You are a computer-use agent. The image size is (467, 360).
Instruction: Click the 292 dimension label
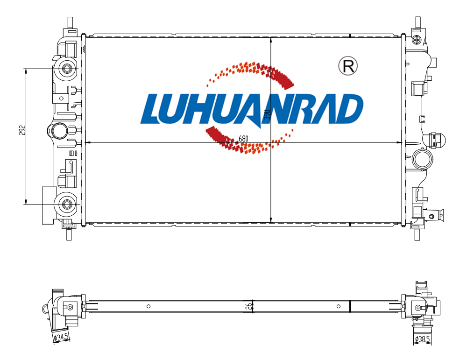pyautogui.click(x=22, y=130)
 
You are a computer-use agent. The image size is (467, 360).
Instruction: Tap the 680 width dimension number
pyautogui.click(x=243, y=139)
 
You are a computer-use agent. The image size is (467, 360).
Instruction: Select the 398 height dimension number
pyautogui.click(x=267, y=115)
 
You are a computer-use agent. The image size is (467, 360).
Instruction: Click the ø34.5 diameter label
pyautogui.click(x=61, y=338)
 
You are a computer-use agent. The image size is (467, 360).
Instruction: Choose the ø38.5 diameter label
pyautogui.click(x=422, y=339)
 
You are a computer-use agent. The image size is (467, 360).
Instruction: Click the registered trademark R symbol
pyautogui.click(x=348, y=65)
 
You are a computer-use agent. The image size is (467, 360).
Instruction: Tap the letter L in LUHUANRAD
pyautogui.click(x=153, y=109)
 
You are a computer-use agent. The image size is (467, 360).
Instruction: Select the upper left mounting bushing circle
pyautogui.click(x=66, y=69)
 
